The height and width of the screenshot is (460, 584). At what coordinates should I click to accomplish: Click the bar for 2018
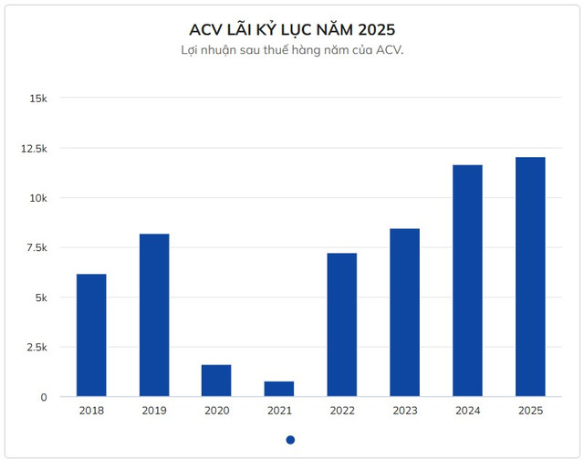pyautogui.click(x=91, y=335)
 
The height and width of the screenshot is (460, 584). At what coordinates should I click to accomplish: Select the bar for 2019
pyautogui.click(x=154, y=315)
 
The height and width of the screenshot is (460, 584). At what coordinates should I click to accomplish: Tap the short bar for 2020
pyautogui.click(x=216, y=381)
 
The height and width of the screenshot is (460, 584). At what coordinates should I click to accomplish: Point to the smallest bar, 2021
pyautogui.click(x=279, y=389)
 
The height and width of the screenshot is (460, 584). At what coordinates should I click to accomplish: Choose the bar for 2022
pyautogui.click(x=342, y=325)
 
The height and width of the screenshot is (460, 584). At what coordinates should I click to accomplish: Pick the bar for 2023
pyautogui.click(x=405, y=312)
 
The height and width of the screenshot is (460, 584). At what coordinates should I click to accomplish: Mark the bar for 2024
pyautogui.click(x=467, y=280)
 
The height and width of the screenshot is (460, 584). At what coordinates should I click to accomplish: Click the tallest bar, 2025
pyautogui.click(x=530, y=277)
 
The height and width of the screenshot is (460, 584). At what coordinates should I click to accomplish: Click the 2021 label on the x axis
pyautogui.click(x=279, y=411)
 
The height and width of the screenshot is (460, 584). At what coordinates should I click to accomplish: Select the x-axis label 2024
pyautogui.click(x=467, y=411)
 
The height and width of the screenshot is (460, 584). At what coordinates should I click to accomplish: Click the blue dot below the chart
pyautogui.click(x=290, y=439)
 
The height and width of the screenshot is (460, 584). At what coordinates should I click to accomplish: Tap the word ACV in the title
pyautogui.click(x=206, y=27)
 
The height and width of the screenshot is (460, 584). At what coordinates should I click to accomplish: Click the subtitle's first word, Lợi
pyautogui.click(x=191, y=50)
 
